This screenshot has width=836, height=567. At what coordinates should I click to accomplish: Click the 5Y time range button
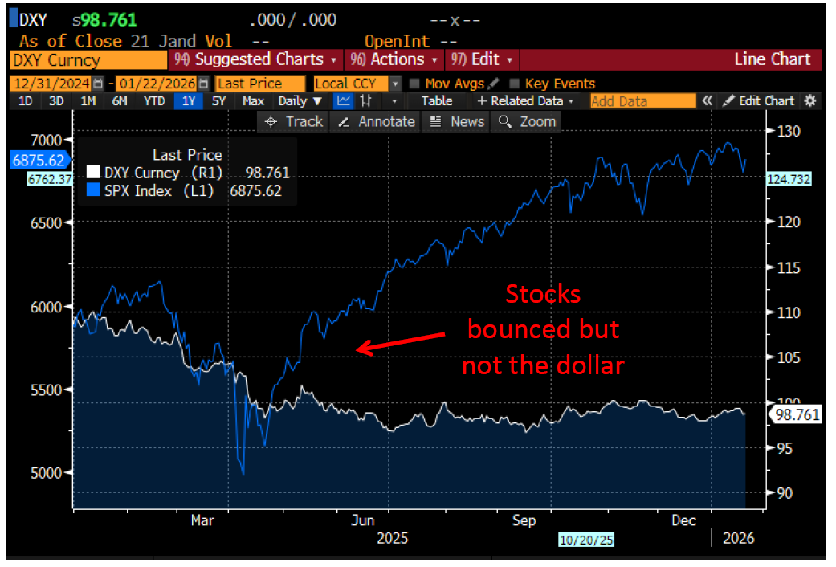[218, 101]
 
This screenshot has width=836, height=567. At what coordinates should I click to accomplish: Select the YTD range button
[153, 101]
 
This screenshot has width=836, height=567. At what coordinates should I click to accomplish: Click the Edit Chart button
[759, 101]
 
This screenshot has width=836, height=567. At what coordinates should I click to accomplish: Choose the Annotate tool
[377, 122]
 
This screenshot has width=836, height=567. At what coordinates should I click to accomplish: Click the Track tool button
[294, 122]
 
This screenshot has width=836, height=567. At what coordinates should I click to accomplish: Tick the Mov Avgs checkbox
[414, 84]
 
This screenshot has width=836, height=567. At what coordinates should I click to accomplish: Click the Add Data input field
[642, 101]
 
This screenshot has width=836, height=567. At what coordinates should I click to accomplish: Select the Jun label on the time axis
[363, 520]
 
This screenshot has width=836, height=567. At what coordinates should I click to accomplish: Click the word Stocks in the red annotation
[542, 295]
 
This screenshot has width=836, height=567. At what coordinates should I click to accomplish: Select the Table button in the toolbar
[436, 101]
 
